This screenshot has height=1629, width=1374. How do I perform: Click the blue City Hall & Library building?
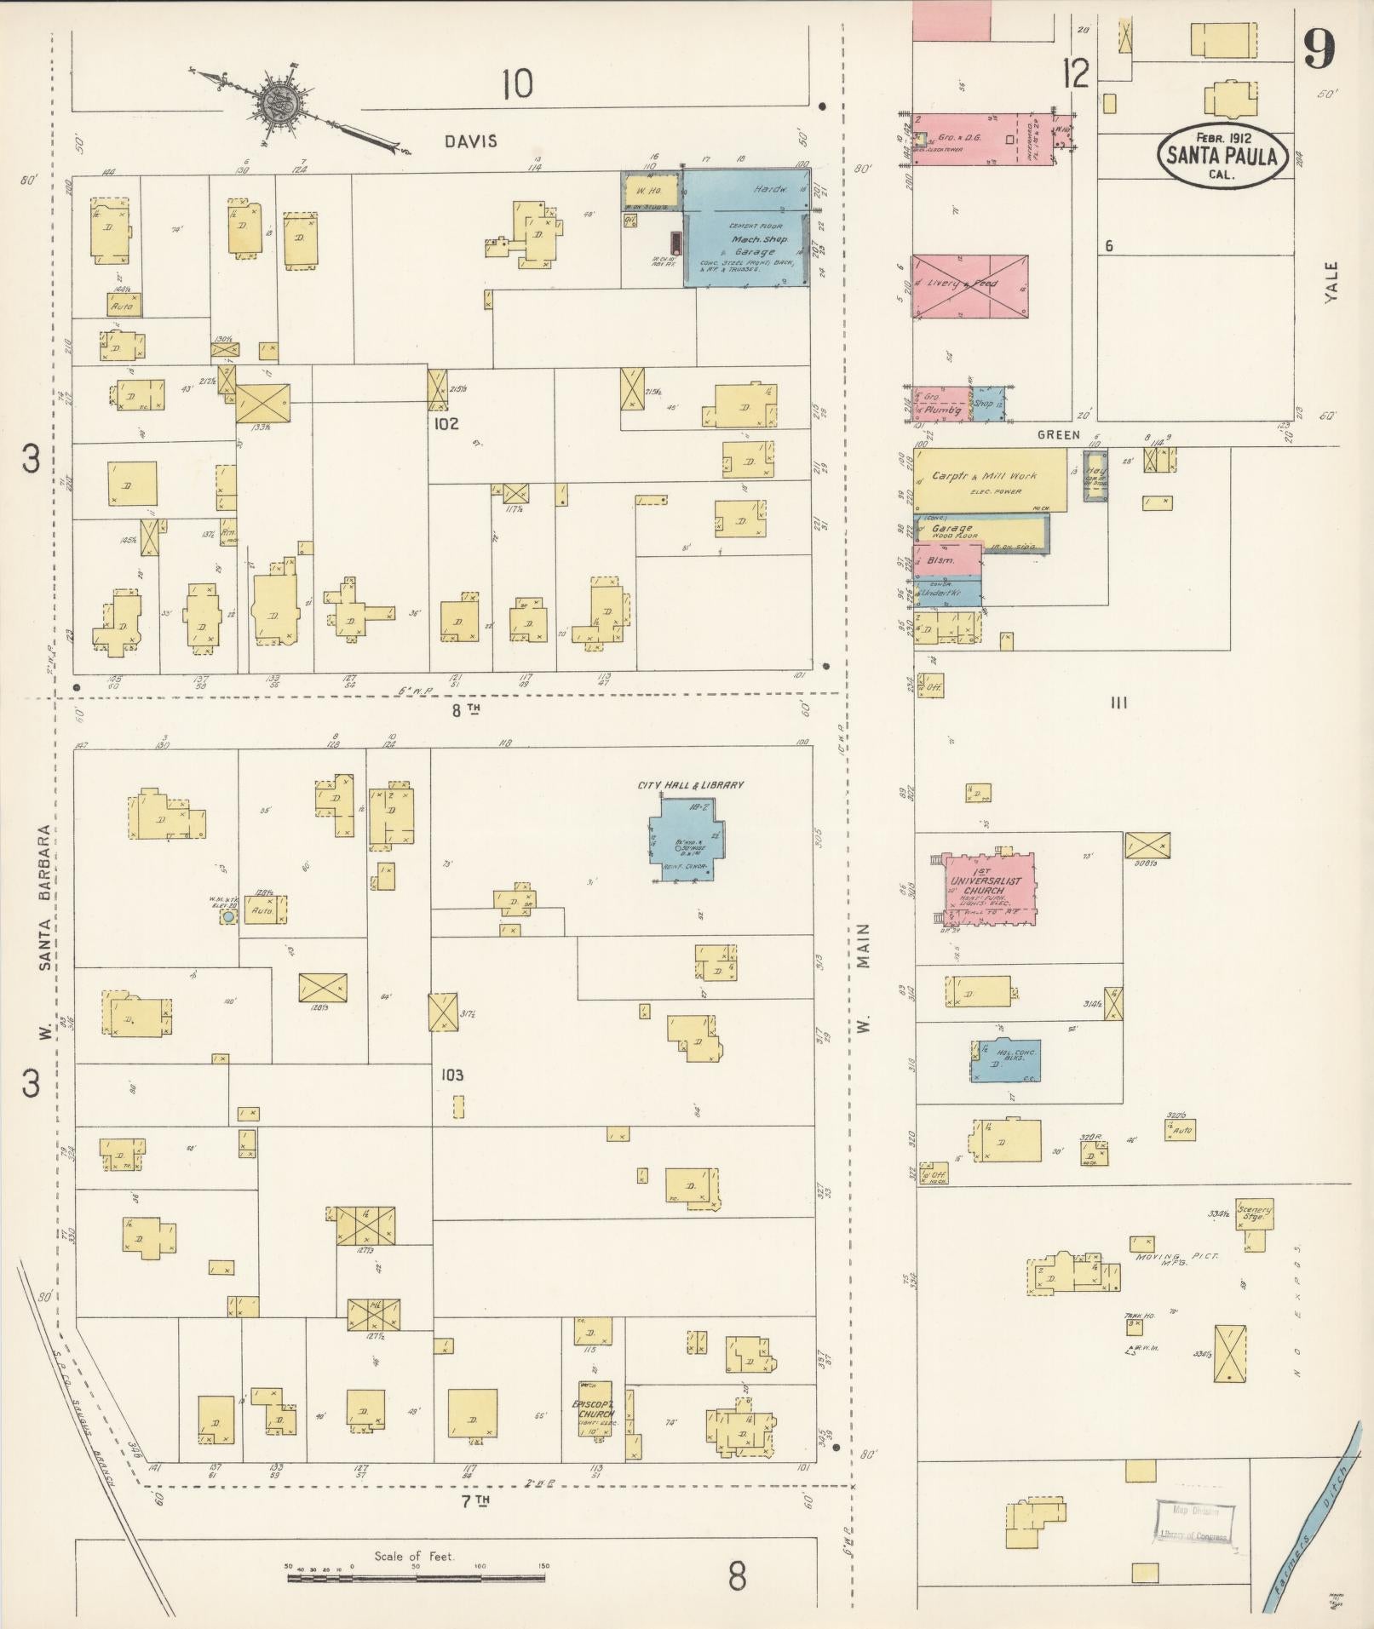pyautogui.click(x=683, y=839)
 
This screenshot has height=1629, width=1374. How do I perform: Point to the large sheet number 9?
pyautogui.click(x=1318, y=49)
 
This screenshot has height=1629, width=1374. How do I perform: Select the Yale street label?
pyautogui.click(x=1332, y=280)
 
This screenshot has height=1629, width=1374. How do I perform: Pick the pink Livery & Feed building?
pyautogui.click(x=969, y=286)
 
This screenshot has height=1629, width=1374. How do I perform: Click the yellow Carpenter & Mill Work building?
pyautogui.click(x=989, y=480)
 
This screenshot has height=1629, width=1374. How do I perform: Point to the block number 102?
pyautogui.click(x=446, y=423)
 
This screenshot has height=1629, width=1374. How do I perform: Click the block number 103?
pyautogui.click(x=451, y=1075)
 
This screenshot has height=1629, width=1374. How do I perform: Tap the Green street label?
pyautogui.click(x=1058, y=434)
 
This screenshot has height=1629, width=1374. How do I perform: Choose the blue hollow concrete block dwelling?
pyautogui.click(x=1005, y=1060)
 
